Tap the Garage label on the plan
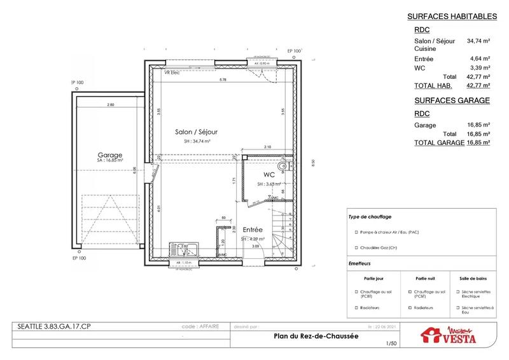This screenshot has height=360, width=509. [x=109, y=155]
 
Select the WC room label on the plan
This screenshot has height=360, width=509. [x=268, y=174]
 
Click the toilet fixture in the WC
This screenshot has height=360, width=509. [x=291, y=167]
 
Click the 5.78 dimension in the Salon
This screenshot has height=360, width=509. [x=223, y=80]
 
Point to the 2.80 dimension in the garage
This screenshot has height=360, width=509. [x=111, y=104]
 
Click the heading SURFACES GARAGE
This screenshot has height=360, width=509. [x=451, y=100]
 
